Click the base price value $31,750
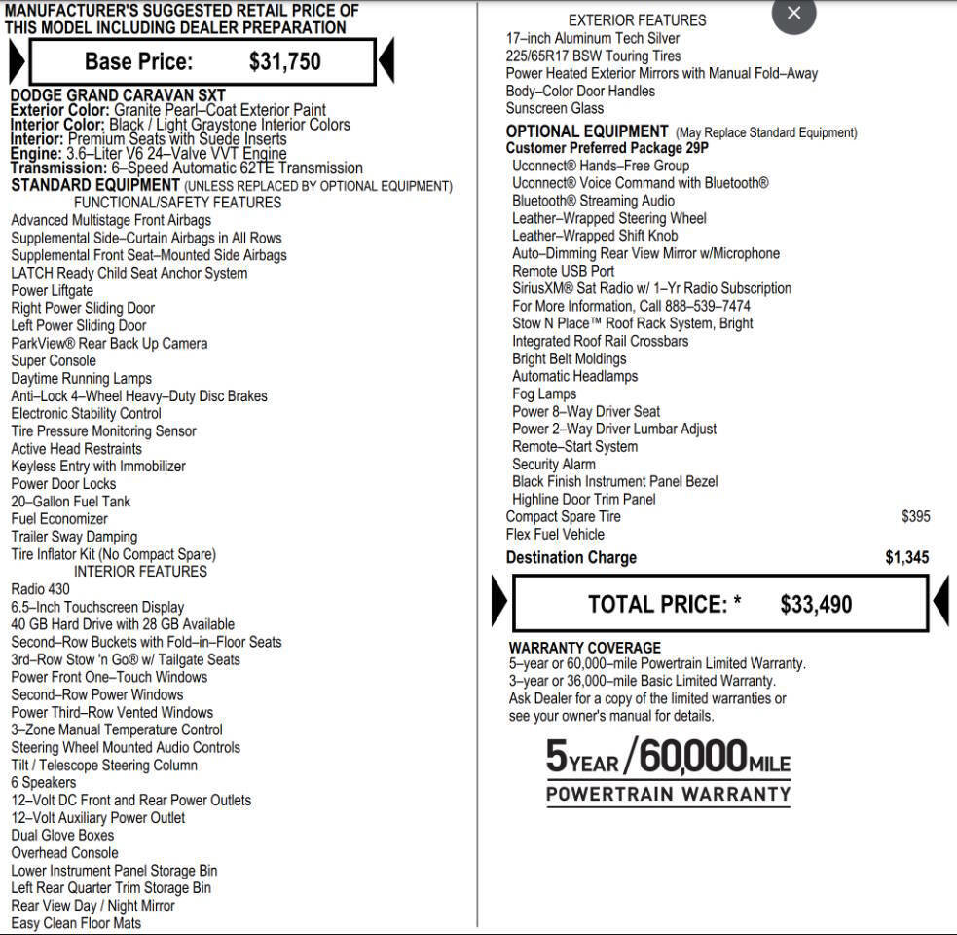(284, 61)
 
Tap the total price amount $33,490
(816, 605)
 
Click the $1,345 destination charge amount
(906, 558)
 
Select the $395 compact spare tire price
(915, 517)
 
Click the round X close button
(793, 14)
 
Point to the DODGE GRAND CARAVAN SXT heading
(118, 95)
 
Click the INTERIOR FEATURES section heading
(140, 572)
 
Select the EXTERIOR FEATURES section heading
(637, 20)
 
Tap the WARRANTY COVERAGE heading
(584, 648)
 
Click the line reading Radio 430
(40, 589)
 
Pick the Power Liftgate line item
(52, 291)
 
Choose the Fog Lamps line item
(544, 394)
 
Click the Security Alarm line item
(554, 465)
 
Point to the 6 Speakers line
(43, 783)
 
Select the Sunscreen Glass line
(554, 109)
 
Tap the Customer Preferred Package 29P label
(607, 149)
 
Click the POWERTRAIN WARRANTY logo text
(668, 794)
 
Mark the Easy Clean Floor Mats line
(76, 923)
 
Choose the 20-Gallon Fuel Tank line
(70, 502)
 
